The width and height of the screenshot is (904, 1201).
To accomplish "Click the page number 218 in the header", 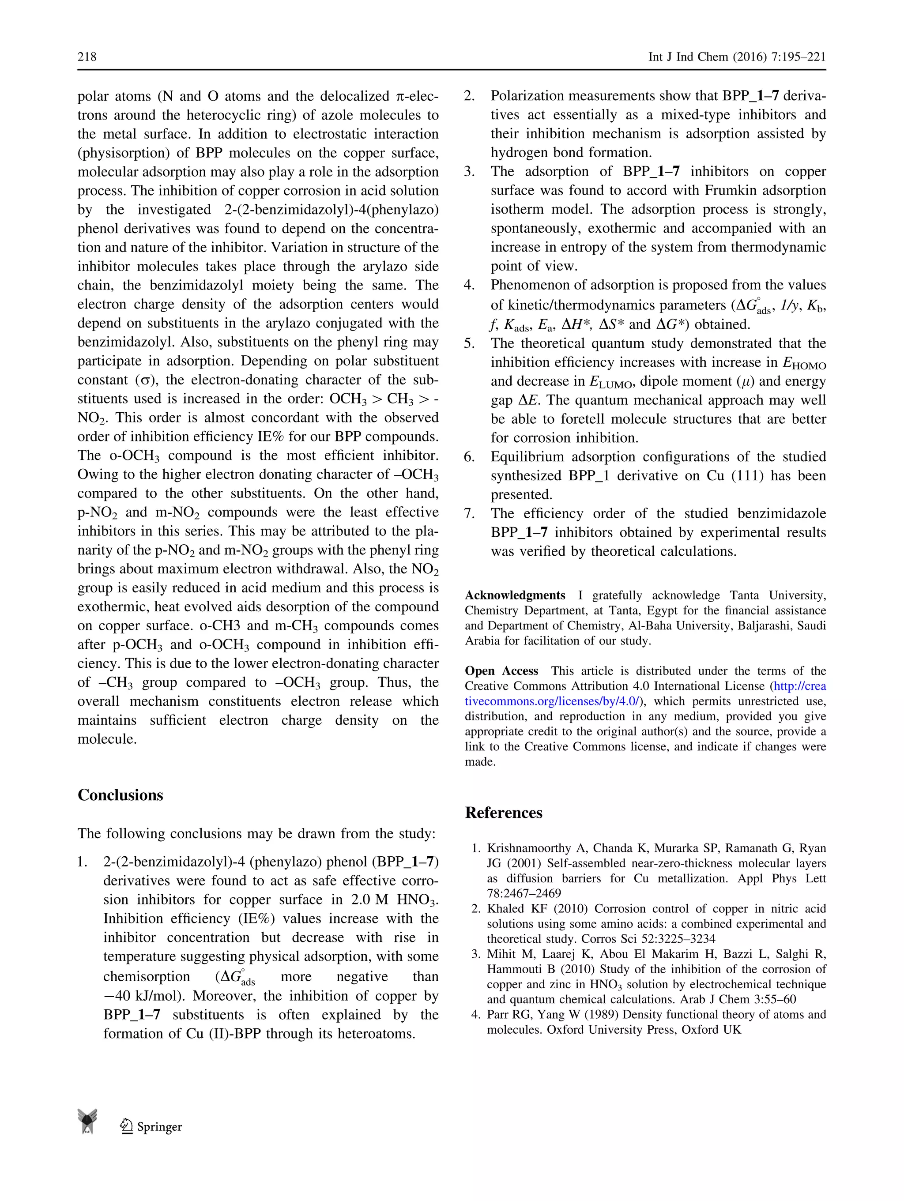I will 87,56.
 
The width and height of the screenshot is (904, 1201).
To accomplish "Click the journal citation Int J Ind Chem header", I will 736,57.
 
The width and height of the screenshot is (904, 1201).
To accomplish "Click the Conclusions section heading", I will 120,795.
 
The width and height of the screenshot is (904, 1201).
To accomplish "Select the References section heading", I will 503,813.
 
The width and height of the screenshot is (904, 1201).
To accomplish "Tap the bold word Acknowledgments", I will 515,595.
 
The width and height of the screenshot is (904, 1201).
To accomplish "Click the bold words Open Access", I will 501,670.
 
